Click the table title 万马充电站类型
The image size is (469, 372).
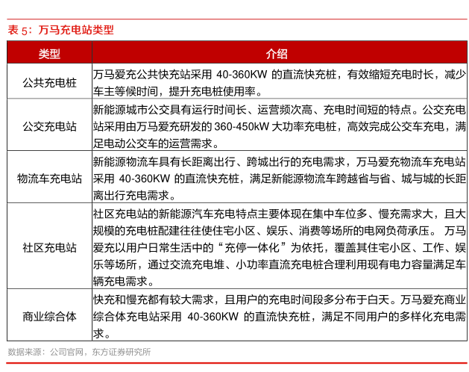(x=77, y=30)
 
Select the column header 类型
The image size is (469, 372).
(x=49, y=54)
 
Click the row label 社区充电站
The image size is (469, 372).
(x=49, y=246)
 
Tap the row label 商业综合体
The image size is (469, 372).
(x=49, y=316)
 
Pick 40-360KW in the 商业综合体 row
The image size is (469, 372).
(x=216, y=317)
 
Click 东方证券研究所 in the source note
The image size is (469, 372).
(x=119, y=351)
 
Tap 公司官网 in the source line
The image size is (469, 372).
(x=66, y=351)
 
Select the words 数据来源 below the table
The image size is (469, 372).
(x=25, y=351)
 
